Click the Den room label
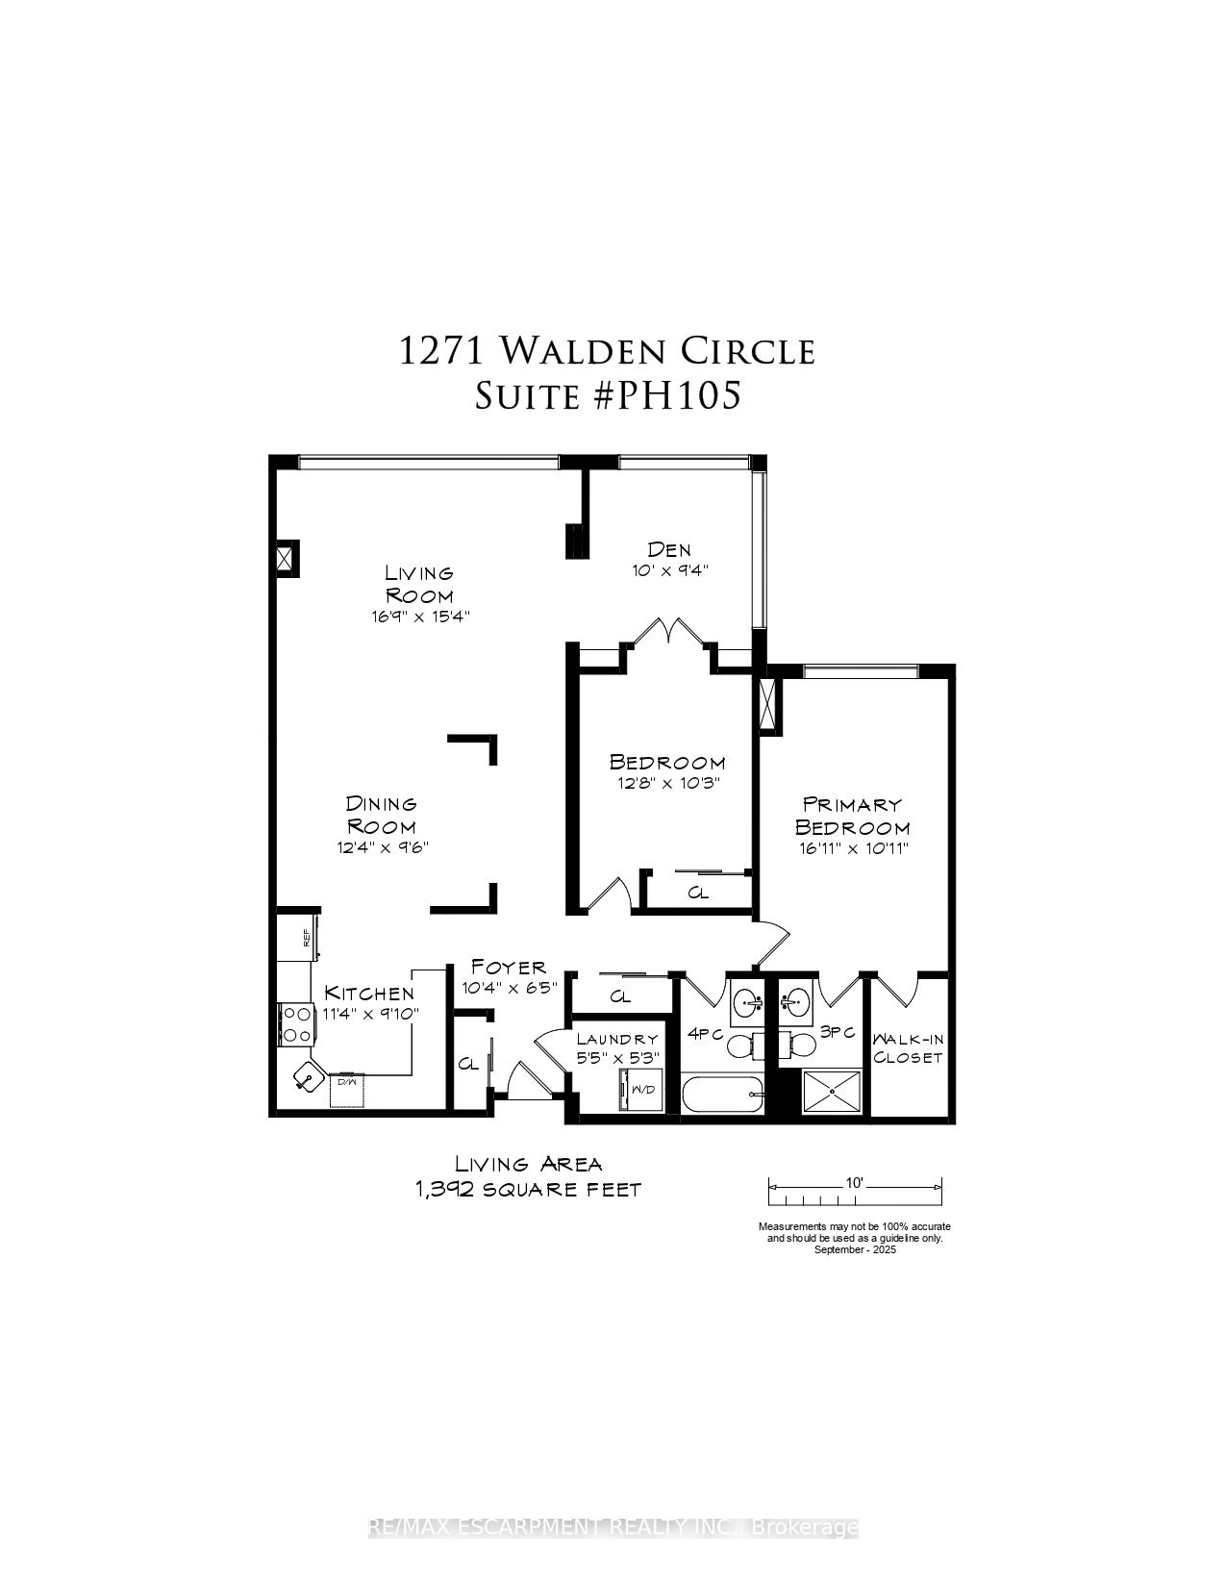(x=669, y=548)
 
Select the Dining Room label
(x=381, y=815)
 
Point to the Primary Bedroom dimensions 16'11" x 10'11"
(x=853, y=848)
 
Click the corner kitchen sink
(x=307, y=1075)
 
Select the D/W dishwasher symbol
(x=347, y=1091)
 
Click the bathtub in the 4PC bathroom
(x=723, y=1095)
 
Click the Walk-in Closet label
(x=908, y=1046)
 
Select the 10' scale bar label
(x=854, y=1183)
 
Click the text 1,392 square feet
(x=528, y=1190)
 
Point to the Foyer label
(x=509, y=968)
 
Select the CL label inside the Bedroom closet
(x=698, y=893)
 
